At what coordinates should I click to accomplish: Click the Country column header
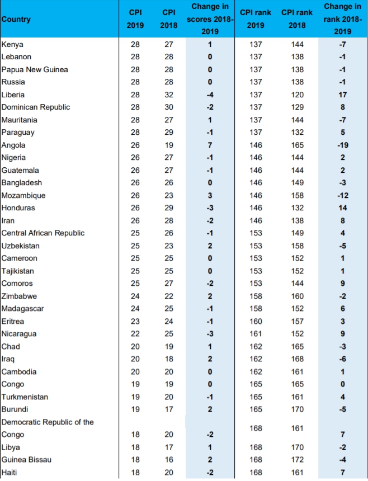tap(16, 20)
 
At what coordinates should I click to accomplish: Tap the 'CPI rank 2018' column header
tap(296, 20)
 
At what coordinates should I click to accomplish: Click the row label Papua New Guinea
tap(35, 69)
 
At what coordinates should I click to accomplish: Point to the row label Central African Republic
tap(43, 233)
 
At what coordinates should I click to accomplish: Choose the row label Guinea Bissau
tap(26, 459)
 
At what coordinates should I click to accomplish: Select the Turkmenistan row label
tap(25, 397)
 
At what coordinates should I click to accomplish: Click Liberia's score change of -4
tap(210, 95)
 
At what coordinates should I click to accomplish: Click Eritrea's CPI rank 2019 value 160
tap(256, 321)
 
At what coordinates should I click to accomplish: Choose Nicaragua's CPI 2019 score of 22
tap(135, 334)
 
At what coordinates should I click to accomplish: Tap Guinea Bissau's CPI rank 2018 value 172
tap(297, 459)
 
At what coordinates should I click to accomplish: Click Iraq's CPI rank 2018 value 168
tap(297, 359)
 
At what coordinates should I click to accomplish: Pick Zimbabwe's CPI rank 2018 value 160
tap(297, 296)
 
